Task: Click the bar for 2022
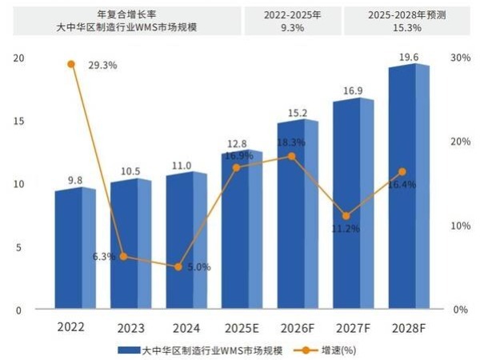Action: click(x=74, y=250)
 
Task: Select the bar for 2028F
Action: click(x=408, y=188)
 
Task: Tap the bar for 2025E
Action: click(x=241, y=230)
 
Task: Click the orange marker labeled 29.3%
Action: click(x=71, y=64)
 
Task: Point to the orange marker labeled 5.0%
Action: click(x=178, y=266)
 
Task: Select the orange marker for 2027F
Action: click(x=346, y=216)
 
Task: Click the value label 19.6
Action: click(x=409, y=55)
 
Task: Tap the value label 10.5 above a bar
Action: click(x=130, y=171)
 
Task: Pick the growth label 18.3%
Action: click(x=290, y=142)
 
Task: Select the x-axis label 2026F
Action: click(x=297, y=327)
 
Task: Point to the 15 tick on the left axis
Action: click(x=19, y=121)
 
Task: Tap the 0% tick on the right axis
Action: click(x=460, y=310)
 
